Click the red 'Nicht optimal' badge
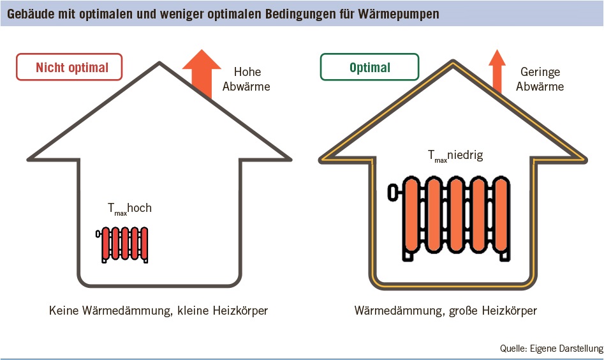pos(69,68)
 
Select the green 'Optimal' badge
pos(370,68)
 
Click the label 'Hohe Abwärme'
pos(246,79)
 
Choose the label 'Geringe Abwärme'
pos(541,79)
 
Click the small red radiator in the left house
pos(125,243)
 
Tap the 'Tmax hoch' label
pos(129,209)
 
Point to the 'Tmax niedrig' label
pos(455,156)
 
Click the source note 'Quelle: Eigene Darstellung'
pos(551,349)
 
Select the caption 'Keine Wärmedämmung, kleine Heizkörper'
pos(158,311)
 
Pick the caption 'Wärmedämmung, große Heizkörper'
pos(446,311)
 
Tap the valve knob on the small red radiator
pos(98,234)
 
